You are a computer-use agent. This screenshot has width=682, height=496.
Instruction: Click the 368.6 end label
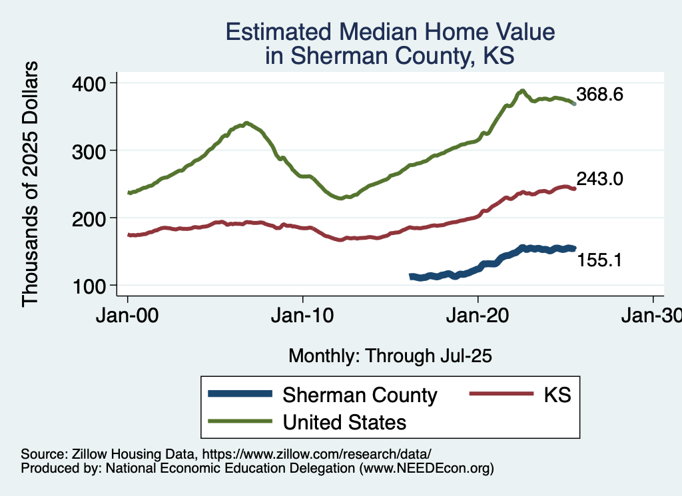(599, 95)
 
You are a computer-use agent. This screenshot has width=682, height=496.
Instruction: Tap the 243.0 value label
(599, 178)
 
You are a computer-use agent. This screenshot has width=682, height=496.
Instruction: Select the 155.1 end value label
(599, 260)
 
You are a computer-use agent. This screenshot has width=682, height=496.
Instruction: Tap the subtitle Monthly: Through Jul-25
(390, 356)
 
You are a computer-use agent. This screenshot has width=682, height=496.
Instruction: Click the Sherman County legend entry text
(360, 395)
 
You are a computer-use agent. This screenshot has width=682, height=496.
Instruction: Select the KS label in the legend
(557, 395)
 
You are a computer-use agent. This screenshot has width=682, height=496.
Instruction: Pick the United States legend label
(344, 421)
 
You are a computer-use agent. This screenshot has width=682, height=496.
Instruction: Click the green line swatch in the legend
(240, 421)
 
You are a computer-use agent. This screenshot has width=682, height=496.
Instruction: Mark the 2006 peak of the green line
(246, 123)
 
